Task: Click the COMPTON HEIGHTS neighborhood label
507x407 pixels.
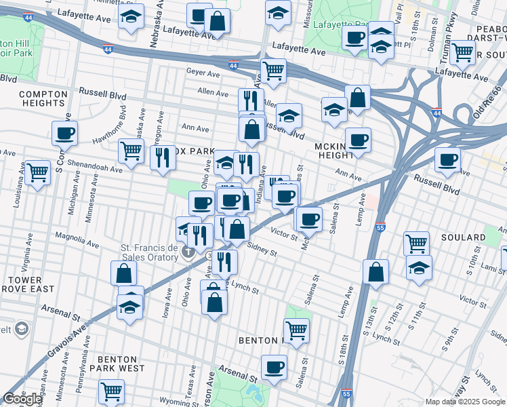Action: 41,98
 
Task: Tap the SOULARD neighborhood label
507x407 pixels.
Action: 466,238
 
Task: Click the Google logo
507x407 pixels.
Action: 22,399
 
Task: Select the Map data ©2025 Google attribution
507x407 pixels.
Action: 464,402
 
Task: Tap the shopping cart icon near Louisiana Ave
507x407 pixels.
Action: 37,172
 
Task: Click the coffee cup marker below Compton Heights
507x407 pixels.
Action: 64,134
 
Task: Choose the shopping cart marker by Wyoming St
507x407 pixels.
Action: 111,391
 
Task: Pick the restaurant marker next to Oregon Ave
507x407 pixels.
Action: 163,158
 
